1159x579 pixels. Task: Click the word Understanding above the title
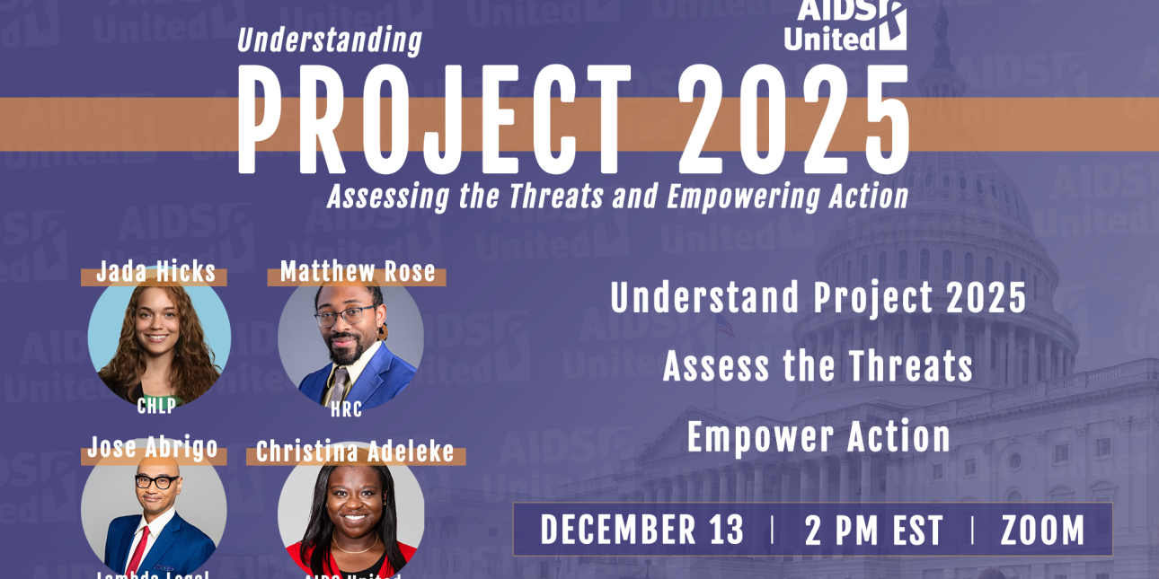[330, 41]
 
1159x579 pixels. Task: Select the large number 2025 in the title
[793, 121]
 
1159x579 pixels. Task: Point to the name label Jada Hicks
[156, 271]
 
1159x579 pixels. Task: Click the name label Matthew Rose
[358, 271]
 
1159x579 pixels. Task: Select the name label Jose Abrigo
[153, 447]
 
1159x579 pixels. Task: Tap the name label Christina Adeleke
[355, 452]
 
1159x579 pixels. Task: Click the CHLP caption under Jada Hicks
[156, 406]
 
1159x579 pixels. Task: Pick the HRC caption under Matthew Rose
[347, 410]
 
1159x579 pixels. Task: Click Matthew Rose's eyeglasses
[346, 316]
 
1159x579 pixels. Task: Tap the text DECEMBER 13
[642, 530]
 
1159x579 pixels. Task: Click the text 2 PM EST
[873, 531]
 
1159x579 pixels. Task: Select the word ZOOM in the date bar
[1043, 531]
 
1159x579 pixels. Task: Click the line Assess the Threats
[818, 366]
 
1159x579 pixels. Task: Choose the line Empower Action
[818, 437]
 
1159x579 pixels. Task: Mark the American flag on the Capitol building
[724, 325]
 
